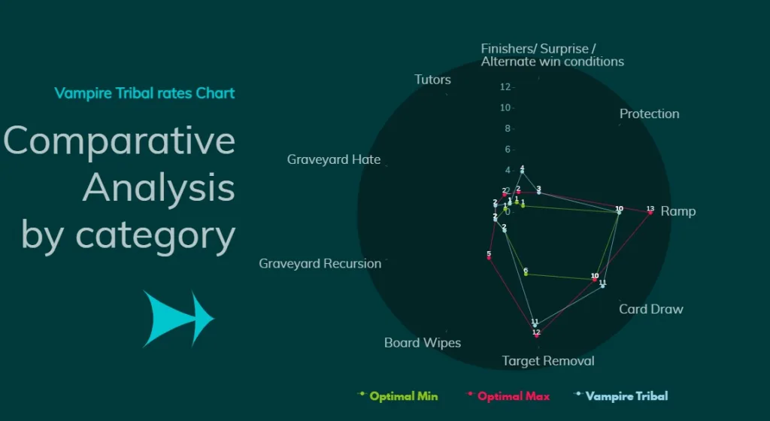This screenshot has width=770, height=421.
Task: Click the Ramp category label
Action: tap(678, 211)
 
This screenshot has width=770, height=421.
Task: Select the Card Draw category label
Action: tap(650, 309)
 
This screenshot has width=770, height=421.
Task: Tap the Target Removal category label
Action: tap(548, 361)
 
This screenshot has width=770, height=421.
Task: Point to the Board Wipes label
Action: tap(422, 343)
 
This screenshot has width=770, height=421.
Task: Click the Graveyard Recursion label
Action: tap(320, 264)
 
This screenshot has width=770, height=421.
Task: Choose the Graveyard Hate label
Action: tap(333, 159)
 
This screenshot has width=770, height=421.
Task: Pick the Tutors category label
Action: tap(432, 80)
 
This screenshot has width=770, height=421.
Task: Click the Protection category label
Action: tap(649, 114)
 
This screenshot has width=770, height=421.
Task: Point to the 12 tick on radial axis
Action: tap(505, 87)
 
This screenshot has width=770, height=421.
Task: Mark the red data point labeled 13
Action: tap(650, 213)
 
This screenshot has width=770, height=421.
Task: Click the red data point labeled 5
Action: tap(489, 258)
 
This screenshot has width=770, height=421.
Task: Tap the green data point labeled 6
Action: tap(526, 274)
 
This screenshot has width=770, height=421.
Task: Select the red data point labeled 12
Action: tap(536, 335)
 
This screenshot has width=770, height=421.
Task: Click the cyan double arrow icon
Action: tap(178, 319)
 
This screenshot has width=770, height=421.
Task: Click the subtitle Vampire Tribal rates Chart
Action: tap(144, 93)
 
